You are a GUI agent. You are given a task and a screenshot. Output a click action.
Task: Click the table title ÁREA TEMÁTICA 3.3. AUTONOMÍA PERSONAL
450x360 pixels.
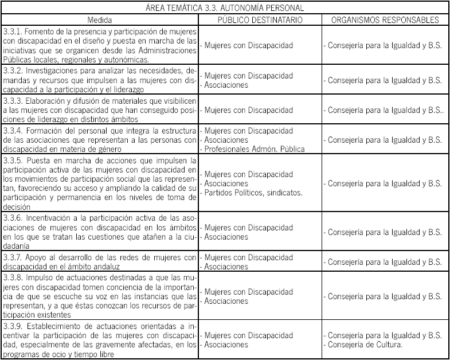pyautogui.click(x=225, y=9)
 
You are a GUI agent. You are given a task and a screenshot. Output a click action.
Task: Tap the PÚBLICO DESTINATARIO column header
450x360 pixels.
pyautogui.click(x=261, y=19)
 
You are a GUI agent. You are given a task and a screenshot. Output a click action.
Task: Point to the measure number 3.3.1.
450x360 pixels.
pyautogui.click(x=11, y=30)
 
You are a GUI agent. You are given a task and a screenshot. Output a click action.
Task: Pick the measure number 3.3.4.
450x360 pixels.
pyautogui.click(x=12, y=131)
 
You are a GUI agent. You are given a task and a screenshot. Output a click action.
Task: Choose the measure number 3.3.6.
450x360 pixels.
pyautogui.click(x=12, y=218)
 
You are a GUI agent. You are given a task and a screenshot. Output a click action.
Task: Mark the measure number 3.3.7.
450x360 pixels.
pyautogui.click(x=12, y=257)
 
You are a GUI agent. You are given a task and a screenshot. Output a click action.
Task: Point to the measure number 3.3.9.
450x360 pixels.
pyautogui.click(x=12, y=326)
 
